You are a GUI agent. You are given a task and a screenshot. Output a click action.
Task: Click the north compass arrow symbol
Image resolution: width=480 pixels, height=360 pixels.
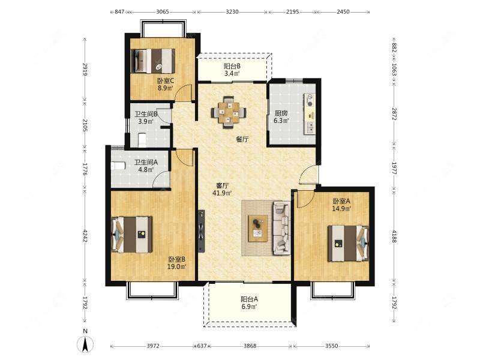click(85, 344)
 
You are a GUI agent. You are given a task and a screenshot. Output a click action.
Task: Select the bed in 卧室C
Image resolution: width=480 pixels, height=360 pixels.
click(153, 61)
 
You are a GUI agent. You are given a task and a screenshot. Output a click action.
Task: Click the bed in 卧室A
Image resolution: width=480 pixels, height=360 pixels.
click(348, 244)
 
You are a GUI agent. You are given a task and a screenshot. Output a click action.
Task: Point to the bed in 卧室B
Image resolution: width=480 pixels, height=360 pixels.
click(131, 235)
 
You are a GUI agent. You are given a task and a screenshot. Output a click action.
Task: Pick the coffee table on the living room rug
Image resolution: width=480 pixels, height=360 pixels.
click(258, 229)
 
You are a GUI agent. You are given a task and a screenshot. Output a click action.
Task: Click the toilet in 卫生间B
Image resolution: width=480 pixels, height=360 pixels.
click(142, 140)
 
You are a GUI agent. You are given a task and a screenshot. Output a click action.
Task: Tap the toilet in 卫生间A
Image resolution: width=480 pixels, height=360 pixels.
click(118, 166)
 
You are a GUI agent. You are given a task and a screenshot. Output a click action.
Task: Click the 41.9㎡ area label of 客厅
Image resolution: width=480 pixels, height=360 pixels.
click(221, 193)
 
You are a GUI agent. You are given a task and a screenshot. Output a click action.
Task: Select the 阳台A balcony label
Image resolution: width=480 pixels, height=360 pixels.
click(249, 299)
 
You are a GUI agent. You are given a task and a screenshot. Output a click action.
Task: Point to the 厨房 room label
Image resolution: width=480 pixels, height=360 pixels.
click(281, 113)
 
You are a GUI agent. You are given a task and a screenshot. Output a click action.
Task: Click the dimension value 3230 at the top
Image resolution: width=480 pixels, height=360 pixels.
click(232, 12)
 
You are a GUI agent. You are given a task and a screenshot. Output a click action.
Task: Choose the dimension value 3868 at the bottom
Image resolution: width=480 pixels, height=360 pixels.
click(250, 346)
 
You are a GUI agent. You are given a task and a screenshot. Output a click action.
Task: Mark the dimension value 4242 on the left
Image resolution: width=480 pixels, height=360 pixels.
click(85, 236)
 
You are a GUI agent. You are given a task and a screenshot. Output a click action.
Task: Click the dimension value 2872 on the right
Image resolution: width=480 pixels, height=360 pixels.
click(394, 114)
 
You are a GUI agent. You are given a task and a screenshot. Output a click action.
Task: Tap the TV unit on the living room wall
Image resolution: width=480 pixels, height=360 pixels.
click(201, 231)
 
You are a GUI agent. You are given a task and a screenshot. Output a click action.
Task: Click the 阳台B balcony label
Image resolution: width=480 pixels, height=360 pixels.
click(232, 66)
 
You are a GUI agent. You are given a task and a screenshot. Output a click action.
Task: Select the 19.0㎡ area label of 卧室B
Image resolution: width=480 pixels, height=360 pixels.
click(176, 266)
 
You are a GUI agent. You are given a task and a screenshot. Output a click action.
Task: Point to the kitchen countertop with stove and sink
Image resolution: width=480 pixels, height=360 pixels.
click(309, 113)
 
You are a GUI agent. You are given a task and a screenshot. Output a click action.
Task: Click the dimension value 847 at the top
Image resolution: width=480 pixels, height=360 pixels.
click(119, 12)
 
